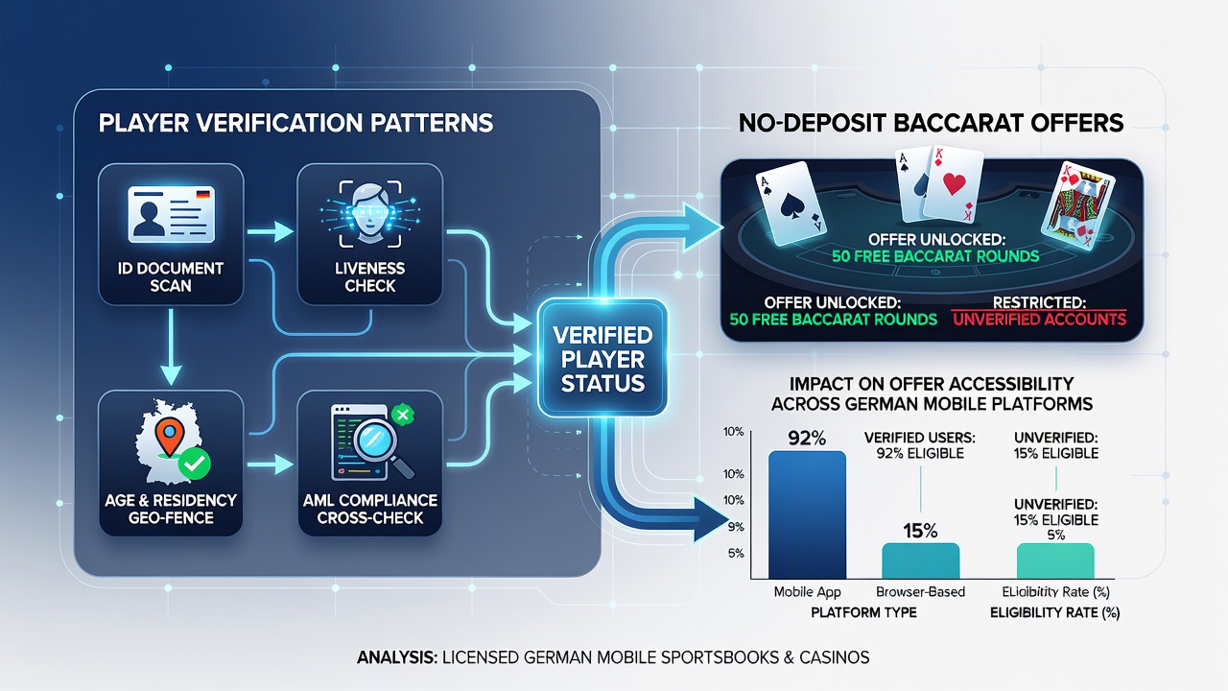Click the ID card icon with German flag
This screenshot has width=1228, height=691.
point(171,214)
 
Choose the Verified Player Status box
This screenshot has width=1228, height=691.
point(602,358)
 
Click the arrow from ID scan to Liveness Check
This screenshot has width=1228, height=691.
point(270,231)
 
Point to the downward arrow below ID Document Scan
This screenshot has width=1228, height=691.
point(171,346)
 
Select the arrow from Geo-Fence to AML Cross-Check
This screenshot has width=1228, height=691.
point(270,465)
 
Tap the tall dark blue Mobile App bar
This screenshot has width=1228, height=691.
point(807,514)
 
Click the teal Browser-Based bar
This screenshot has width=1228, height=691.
point(920,560)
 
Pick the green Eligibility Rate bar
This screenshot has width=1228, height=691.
point(1055,560)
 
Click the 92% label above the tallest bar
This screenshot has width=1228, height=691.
point(807,438)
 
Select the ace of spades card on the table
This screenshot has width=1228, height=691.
point(791,203)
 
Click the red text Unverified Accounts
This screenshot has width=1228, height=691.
point(1039,320)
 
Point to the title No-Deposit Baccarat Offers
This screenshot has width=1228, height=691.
point(931,123)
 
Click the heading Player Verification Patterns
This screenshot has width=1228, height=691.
point(296,123)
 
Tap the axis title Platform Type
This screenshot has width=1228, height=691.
point(863,612)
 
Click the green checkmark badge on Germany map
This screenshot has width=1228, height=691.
point(195,464)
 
